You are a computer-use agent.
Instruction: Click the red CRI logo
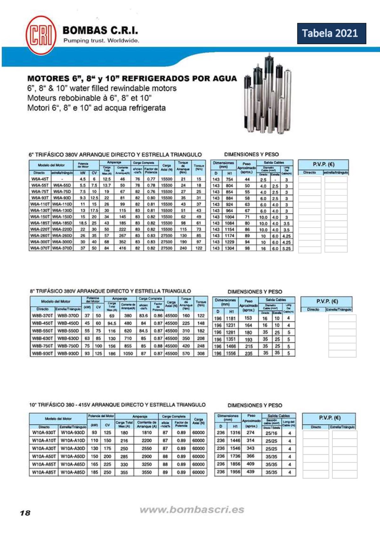pos(41,35)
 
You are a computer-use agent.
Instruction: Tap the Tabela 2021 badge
pos(331,33)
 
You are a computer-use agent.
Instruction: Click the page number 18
pos(25,513)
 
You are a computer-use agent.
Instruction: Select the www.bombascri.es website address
pos(192,510)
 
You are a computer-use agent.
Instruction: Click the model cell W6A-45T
pos(40,179)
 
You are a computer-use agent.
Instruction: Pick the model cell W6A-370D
pos(62,248)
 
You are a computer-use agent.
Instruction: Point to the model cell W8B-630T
pos(42,338)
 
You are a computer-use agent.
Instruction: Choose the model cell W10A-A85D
pos(73,472)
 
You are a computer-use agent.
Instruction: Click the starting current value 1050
pos(128,353)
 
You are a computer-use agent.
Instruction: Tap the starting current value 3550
pos(146,472)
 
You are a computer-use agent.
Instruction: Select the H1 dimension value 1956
pos(235,472)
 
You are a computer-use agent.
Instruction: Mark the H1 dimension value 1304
pos(229,248)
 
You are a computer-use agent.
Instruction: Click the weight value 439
pos(250,472)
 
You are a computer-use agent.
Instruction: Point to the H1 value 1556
pos(231,353)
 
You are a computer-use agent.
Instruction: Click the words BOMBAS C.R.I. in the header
pos(100,31)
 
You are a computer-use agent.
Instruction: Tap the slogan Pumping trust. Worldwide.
pos(101,40)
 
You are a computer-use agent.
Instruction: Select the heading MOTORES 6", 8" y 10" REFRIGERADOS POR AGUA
pos(132,79)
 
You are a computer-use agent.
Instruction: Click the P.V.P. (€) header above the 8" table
pos(327,301)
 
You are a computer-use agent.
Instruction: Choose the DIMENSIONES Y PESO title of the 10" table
pos(255,405)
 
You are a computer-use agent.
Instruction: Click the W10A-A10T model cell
pos(44,440)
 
